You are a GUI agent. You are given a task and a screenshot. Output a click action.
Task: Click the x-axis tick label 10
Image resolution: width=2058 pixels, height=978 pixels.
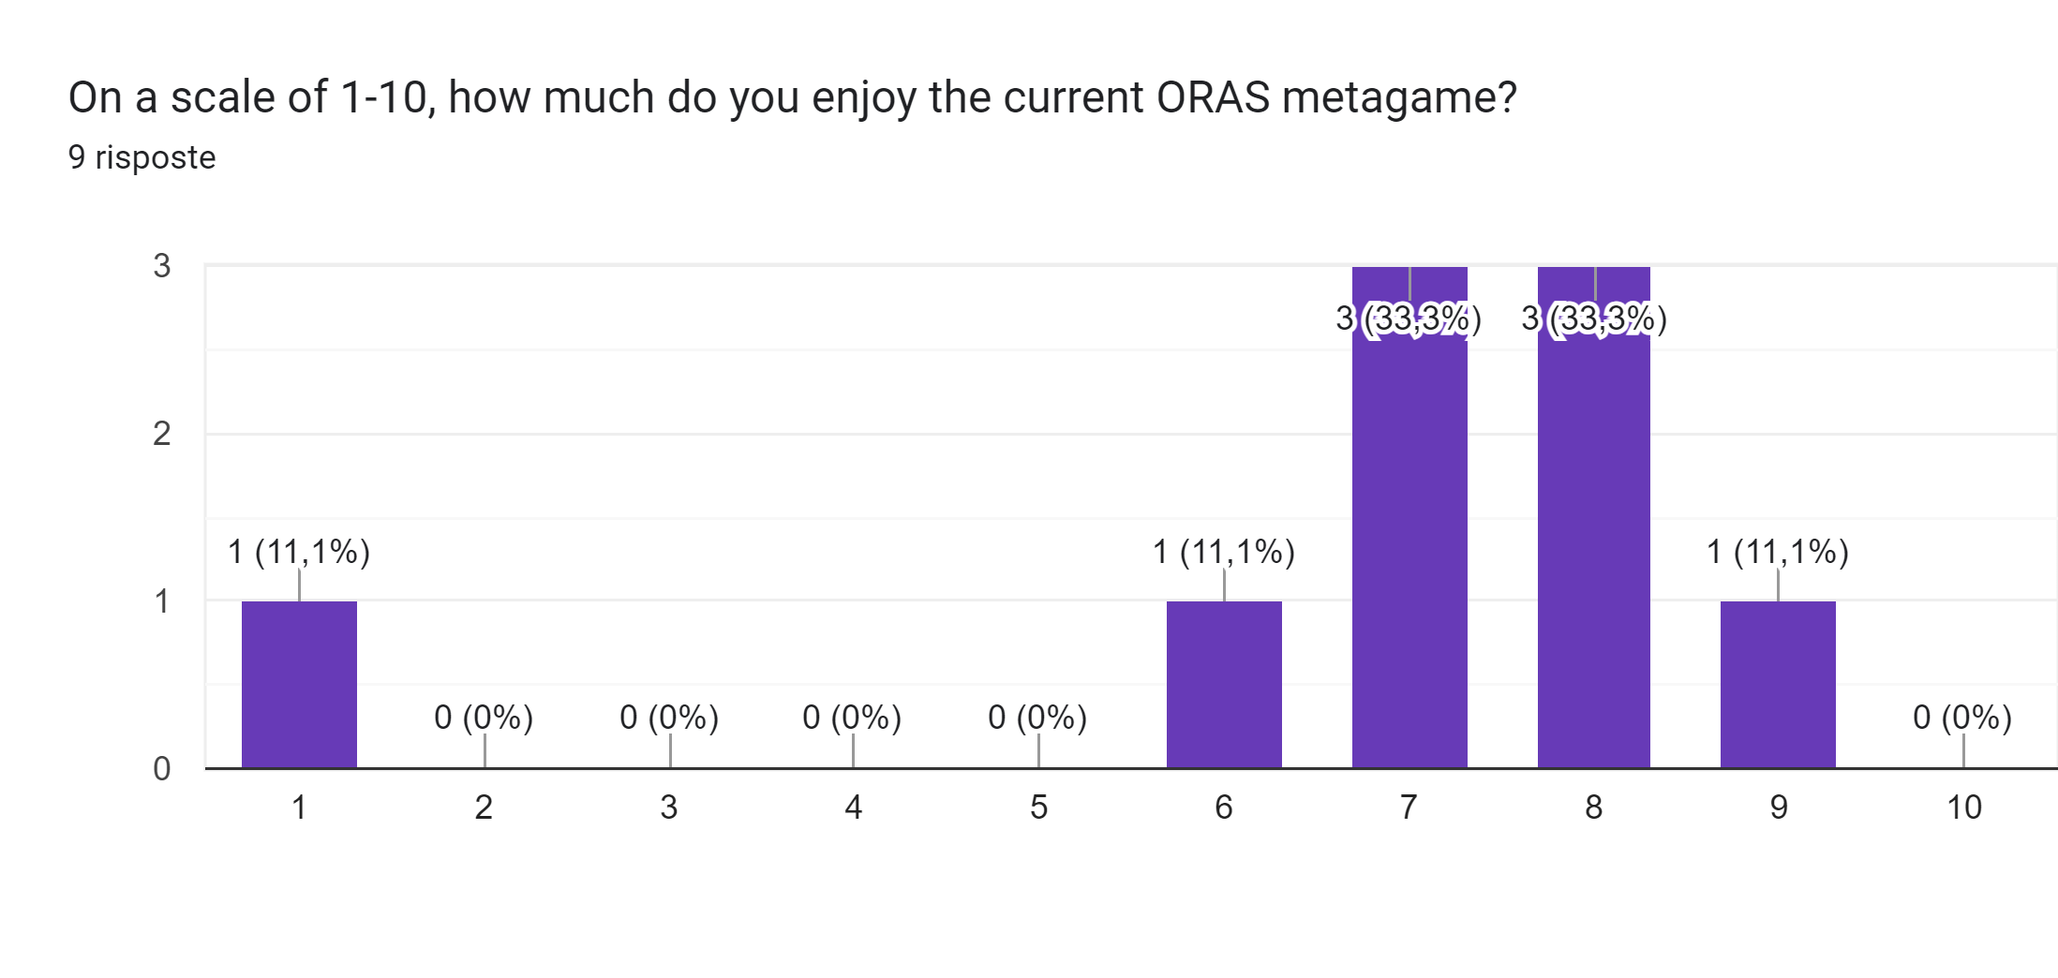pyautogui.click(x=1964, y=808)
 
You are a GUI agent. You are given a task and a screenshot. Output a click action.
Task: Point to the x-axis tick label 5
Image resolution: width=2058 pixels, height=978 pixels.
pyautogui.click(x=1038, y=808)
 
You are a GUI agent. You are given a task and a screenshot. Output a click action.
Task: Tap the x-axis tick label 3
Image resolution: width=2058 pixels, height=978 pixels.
pyautogui.click(x=668, y=808)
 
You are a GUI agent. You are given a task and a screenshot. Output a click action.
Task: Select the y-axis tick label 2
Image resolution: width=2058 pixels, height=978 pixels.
pyautogui.click(x=162, y=434)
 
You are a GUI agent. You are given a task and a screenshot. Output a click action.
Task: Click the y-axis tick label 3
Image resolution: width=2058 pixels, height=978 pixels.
pyautogui.click(x=162, y=266)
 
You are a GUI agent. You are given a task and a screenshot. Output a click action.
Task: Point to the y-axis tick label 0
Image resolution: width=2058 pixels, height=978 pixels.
pyautogui.click(x=162, y=769)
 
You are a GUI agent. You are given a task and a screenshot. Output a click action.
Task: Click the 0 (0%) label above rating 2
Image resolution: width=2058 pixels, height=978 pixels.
pyautogui.click(x=484, y=718)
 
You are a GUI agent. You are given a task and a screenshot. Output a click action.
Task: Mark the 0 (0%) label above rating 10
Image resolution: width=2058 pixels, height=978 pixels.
pyautogui.click(x=1962, y=718)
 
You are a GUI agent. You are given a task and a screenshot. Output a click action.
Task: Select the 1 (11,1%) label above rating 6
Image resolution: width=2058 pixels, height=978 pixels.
pyautogui.click(x=1224, y=552)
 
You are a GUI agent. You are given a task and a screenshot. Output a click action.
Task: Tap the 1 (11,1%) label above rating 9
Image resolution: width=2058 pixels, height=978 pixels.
pyautogui.click(x=1778, y=552)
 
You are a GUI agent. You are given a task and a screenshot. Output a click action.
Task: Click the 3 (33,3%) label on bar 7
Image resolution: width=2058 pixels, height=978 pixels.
pyautogui.click(x=1409, y=319)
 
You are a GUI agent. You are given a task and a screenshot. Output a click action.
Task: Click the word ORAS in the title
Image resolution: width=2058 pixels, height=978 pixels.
pyautogui.click(x=1213, y=97)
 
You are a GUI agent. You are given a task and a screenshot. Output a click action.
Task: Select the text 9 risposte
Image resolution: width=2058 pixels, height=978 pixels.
pyautogui.click(x=142, y=157)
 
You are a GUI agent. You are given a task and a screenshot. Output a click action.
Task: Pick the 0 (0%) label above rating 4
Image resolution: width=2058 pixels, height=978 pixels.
pyautogui.click(x=852, y=718)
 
